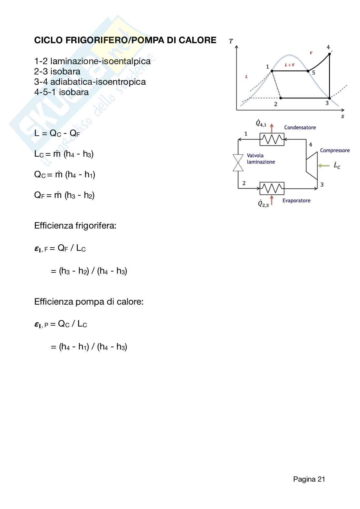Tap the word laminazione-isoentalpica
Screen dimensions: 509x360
pos(100,61)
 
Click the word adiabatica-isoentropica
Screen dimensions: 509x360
pos(98,82)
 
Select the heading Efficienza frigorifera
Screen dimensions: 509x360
pos(75,226)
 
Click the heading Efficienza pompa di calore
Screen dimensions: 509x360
pos(89,302)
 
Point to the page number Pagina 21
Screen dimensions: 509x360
pos(309,479)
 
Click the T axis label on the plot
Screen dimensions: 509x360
pos(231,41)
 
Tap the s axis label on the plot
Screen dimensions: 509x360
pos(342,116)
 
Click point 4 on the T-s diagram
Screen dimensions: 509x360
pos(329,54)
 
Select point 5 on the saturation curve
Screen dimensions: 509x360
pos(308,71)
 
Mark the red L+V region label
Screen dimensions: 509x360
pos(289,65)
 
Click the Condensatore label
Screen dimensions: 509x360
pos(300,128)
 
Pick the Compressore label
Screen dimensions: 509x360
pos(335,151)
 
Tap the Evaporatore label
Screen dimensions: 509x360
pos(296,201)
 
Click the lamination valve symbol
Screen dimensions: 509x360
pos(238,162)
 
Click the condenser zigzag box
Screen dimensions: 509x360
pos(272,139)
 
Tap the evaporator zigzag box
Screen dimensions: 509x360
pos(272,188)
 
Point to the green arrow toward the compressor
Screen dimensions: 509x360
pos(324,166)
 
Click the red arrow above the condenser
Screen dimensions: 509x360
pos(272,128)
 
